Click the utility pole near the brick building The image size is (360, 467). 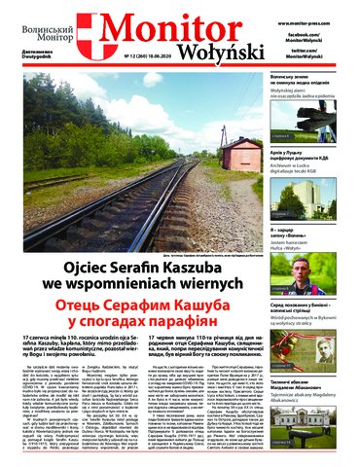(200, 146)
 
